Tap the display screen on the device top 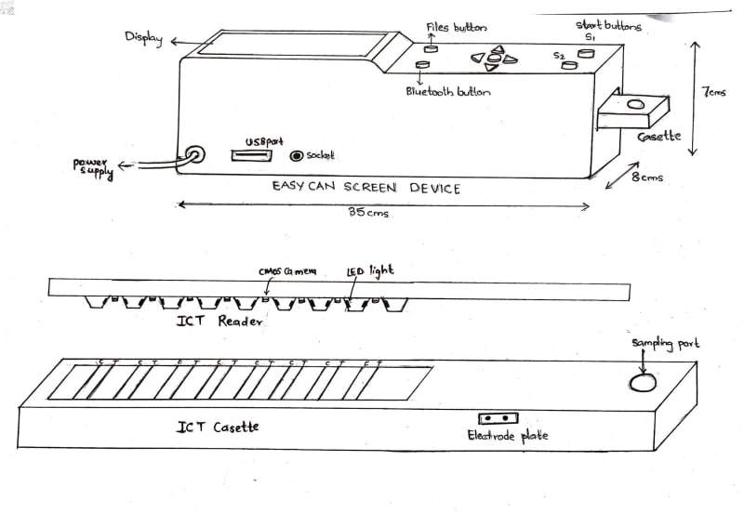[x=297, y=44]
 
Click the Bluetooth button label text [x=448, y=92]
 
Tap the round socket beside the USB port [x=298, y=157]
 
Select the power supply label [x=94, y=169]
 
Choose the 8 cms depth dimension [x=647, y=178]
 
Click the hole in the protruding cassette [x=636, y=105]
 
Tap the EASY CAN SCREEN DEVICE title [x=365, y=188]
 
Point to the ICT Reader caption [x=219, y=322]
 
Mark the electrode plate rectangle [x=498, y=419]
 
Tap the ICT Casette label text [x=218, y=427]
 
